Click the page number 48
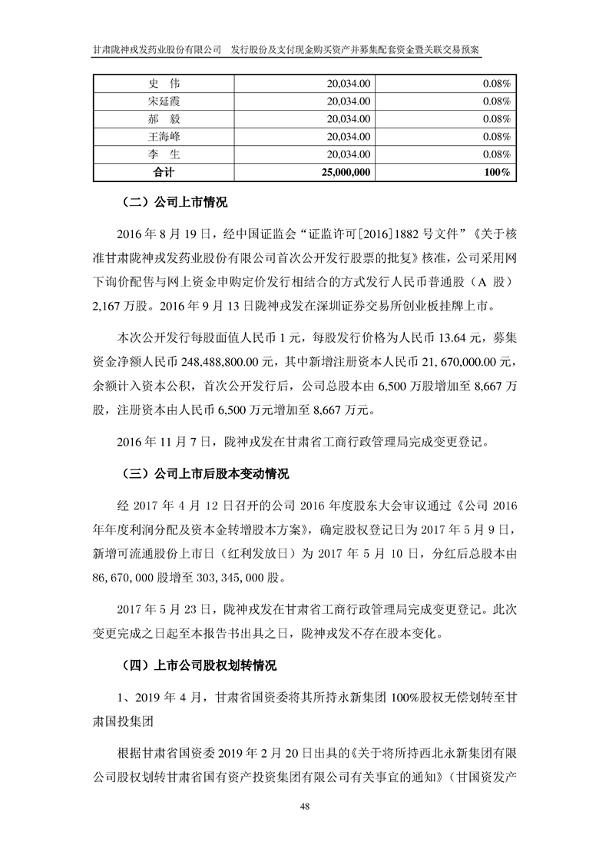(305, 807)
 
